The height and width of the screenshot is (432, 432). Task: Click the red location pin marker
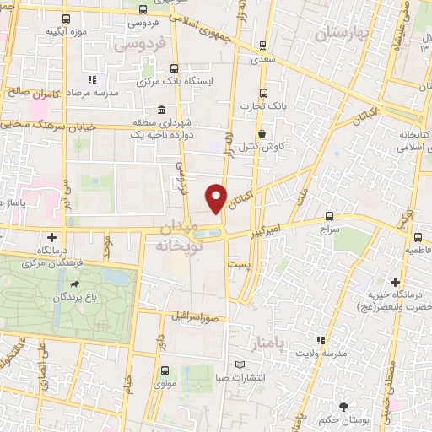(217, 197)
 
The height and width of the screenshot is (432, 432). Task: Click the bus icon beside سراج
(329, 216)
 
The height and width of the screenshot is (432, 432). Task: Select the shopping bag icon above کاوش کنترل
(262, 133)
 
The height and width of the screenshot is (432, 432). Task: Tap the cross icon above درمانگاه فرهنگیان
(53, 237)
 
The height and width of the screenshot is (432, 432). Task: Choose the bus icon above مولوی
(165, 370)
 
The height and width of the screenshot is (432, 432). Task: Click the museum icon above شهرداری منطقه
(160, 110)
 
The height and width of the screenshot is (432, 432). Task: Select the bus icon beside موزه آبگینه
(67, 18)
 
